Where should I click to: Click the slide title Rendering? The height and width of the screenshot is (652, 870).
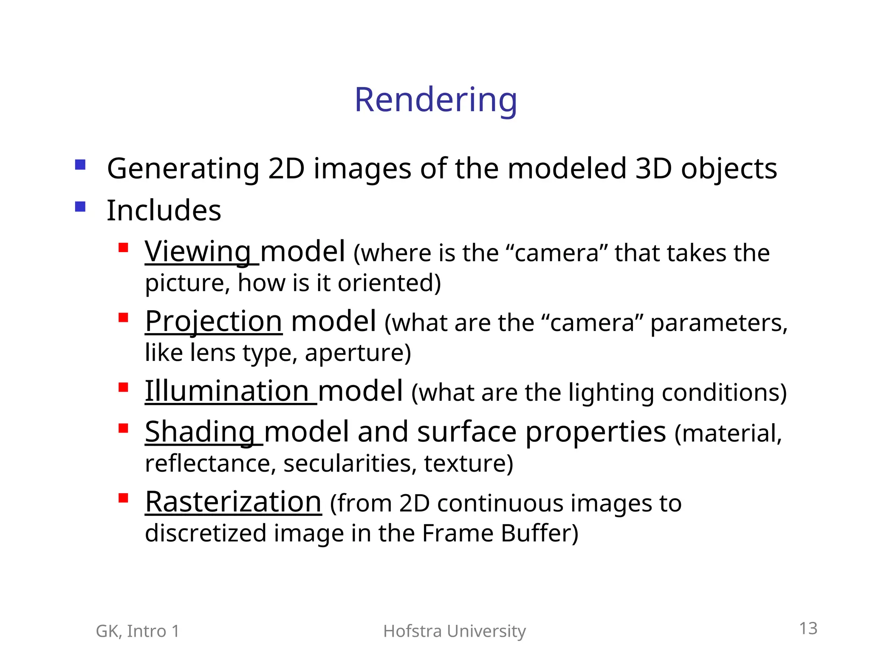tap(435, 100)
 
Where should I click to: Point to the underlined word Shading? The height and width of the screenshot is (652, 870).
tap(200, 432)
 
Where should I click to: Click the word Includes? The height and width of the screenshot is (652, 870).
tap(164, 210)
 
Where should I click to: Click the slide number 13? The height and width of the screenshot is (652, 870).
tap(808, 628)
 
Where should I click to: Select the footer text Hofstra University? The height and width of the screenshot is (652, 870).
tap(454, 631)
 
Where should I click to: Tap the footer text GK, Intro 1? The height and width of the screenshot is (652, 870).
tap(138, 631)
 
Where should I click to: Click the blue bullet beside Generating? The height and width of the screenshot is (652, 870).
tap(80, 164)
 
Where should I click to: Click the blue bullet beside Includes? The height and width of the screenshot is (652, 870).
tap(80, 206)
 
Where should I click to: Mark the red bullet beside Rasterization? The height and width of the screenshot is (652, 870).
tap(123, 497)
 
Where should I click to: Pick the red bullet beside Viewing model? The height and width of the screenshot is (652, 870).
tap(123, 247)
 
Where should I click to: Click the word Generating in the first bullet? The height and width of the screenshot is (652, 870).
tap(183, 169)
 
